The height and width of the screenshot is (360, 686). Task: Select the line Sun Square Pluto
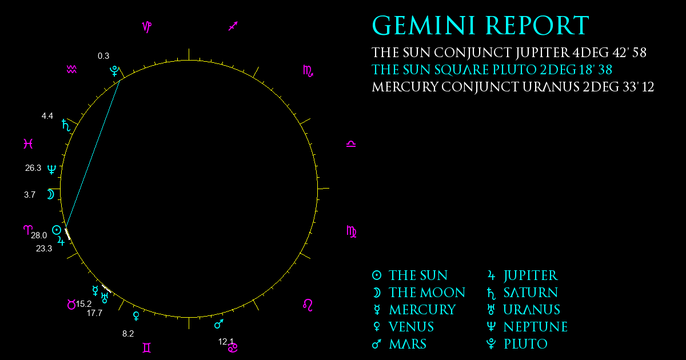[492, 70]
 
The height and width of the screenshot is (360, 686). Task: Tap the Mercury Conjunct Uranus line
[513, 87]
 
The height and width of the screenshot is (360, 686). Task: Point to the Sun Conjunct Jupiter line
[509, 53]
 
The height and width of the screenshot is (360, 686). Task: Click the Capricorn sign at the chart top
[147, 27]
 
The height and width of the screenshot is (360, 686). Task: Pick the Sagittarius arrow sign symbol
[233, 26]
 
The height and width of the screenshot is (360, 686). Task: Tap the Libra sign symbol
[351, 144]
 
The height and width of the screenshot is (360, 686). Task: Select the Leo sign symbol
[308, 305]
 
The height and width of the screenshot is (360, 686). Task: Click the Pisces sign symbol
[28, 143]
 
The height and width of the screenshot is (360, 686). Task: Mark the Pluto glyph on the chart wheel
[114, 71]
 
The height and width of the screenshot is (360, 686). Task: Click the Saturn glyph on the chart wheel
[66, 125]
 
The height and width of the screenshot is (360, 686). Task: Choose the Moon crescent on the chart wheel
[50, 194]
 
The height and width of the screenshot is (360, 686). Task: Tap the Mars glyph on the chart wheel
[218, 323]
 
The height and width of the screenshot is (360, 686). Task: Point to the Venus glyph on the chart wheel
[136, 316]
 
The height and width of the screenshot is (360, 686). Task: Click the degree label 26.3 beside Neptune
[33, 168]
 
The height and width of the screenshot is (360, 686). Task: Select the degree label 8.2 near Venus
[128, 334]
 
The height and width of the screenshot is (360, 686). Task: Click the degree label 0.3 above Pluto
[103, 56]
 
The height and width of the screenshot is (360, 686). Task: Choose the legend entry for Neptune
[527, 327]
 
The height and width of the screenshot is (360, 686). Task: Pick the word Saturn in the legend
[531, 293]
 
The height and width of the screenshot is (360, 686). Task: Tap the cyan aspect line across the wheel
[93, 154]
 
